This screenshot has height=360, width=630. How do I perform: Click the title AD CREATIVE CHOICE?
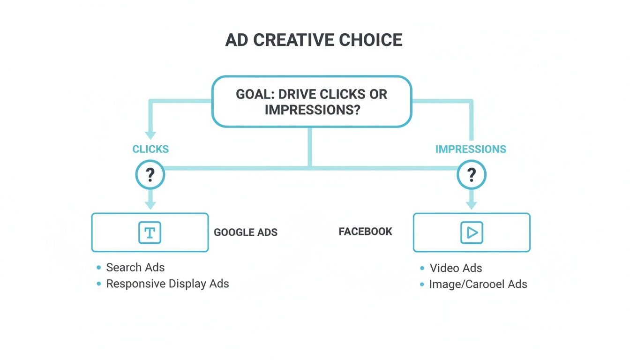[x=314, y=40]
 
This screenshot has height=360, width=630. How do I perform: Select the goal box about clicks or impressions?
[x=312, y=102]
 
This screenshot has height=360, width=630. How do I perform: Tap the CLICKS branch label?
[x=150, y=150]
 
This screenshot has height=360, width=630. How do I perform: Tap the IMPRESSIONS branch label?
[x=471, y=150]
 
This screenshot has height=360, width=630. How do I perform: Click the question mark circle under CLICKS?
[x=150, y=175]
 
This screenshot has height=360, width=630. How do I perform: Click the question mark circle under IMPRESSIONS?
[x=472, y=175]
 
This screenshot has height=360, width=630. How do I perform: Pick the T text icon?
[x=150, y=232]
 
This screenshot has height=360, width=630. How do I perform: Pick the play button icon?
[x=472, y=232]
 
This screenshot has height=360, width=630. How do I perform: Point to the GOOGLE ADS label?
[x=246, y=232]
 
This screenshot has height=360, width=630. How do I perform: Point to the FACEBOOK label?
[x=365, y=232]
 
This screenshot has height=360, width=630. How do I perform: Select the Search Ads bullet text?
[x=135, y=268]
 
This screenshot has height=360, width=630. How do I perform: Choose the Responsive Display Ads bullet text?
[x=167, y=284]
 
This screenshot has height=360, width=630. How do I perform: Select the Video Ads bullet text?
[x=456, y=268]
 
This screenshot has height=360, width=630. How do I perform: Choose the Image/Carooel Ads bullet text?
[x=478, y=284]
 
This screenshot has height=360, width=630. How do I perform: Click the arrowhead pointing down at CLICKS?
[x=150, y=135]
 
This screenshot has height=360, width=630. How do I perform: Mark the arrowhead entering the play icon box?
[x=472, y=205]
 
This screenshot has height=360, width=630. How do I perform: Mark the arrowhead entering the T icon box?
[x=150, y=205]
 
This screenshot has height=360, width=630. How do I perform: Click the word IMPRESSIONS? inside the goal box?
[x=312, y=110]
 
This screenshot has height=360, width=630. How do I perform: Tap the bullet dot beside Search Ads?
[x=98, y=268]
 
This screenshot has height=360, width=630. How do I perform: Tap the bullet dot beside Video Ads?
[x=422, y=268]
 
